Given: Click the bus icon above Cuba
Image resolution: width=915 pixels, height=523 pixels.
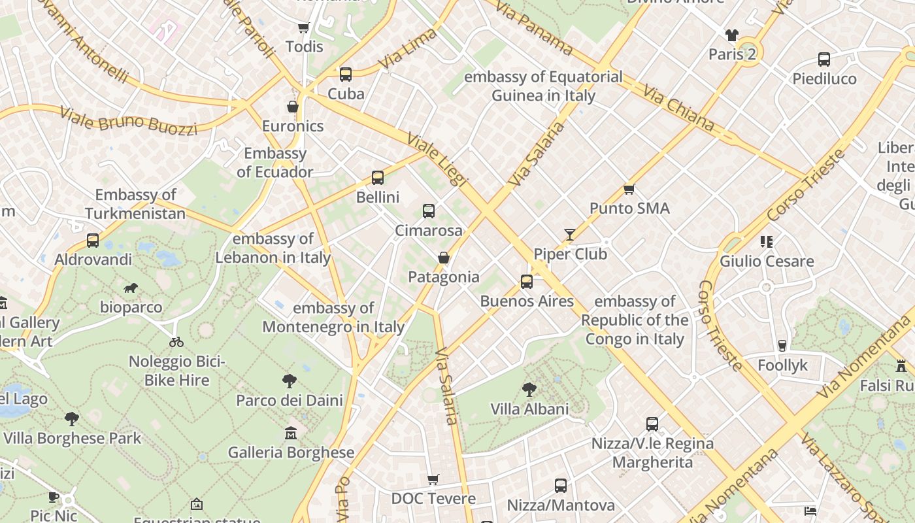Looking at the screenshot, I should tap(346, 75).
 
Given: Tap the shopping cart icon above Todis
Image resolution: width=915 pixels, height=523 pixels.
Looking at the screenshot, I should tap(303, 27).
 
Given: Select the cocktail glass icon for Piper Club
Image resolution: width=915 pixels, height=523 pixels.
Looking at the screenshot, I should tap(570, 235).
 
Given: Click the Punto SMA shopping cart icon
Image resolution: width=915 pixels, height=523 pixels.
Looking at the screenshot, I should tap(629, 189).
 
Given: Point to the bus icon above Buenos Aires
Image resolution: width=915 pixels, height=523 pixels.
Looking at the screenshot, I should tap(527, 282).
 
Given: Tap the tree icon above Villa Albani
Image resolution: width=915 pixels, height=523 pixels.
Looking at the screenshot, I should tap(529, 390).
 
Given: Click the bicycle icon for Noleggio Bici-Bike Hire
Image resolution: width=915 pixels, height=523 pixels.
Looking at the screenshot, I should tap(176, 342).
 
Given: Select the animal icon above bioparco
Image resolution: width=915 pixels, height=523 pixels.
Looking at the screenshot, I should tap(131, 288).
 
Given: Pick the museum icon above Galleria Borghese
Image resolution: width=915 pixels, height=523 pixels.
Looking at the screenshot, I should tap(291, 433).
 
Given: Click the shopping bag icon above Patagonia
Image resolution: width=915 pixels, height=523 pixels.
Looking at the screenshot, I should tap(444, 258).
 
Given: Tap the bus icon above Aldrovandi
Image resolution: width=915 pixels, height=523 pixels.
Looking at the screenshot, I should tap(93, 241).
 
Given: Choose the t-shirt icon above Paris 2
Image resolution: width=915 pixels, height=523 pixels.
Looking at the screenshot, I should tap(731, 35).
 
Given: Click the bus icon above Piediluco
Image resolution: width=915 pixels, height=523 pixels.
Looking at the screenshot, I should tap(824, 59).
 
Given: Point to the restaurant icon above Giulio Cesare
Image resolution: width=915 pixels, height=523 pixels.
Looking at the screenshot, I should tap(767, 242).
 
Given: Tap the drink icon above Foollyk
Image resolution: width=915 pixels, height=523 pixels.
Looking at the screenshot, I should tap(782, 346).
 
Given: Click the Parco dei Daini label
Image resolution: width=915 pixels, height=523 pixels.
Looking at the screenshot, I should tap(290, 400).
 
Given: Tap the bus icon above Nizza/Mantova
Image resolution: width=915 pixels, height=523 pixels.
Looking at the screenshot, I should tap(561, 486).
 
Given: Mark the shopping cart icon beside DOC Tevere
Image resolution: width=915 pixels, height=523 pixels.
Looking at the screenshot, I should tap(433, 480).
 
